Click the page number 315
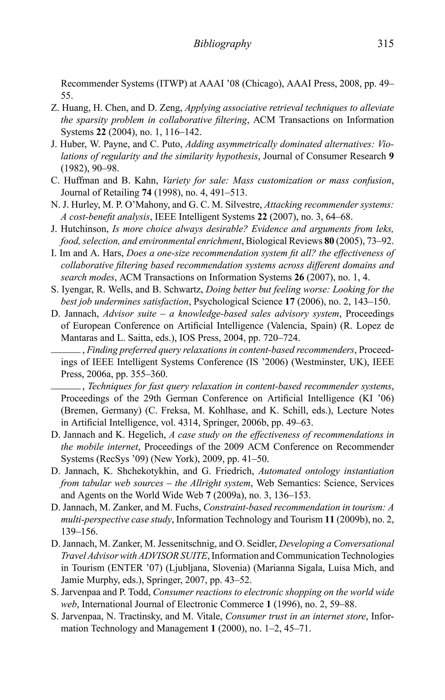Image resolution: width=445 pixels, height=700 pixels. click(385, 44)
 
